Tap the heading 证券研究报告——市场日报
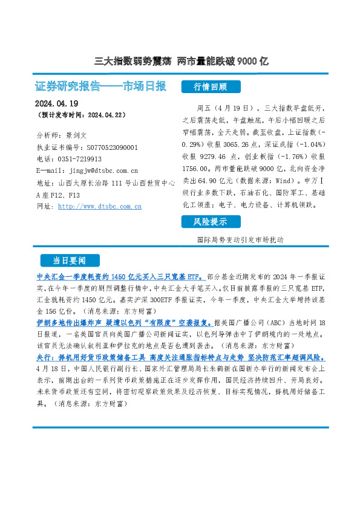pos(101,86)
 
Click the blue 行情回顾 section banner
pos(210,86)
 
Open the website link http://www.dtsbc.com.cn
pos(99,207)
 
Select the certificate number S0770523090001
pos(108,147)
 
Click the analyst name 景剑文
pos(77,135)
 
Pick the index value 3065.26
pos(249,146)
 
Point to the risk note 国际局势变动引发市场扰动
pos(240,239)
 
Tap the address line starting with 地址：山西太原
pos(106,183)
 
